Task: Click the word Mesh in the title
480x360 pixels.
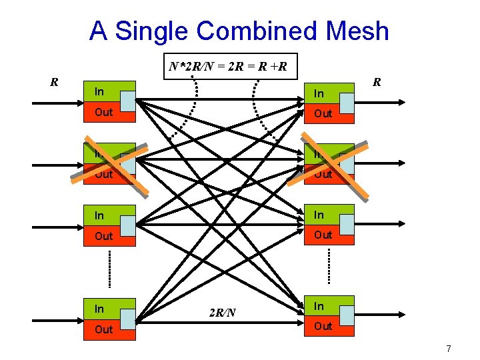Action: pyautogui.click(x=354, y=31)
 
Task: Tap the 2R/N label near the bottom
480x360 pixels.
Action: pyautogui.click(x=222, y=313)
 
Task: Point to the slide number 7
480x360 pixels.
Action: pyautogui.click(x=449, y=349)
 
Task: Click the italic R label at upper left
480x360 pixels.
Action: pyautogui.click(x=54, y=83)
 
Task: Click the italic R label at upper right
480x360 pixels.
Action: pyautogui.click(x=377, y=83)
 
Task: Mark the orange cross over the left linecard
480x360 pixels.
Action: pyautogui.click(x=109, y=163)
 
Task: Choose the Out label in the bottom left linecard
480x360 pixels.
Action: pyautogui.click(x=103, y=329)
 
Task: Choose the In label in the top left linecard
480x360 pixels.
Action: pyautogui.click(x=99, y=91)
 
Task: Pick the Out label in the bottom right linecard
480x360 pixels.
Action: pyautogui.click(x=323, y=326)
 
